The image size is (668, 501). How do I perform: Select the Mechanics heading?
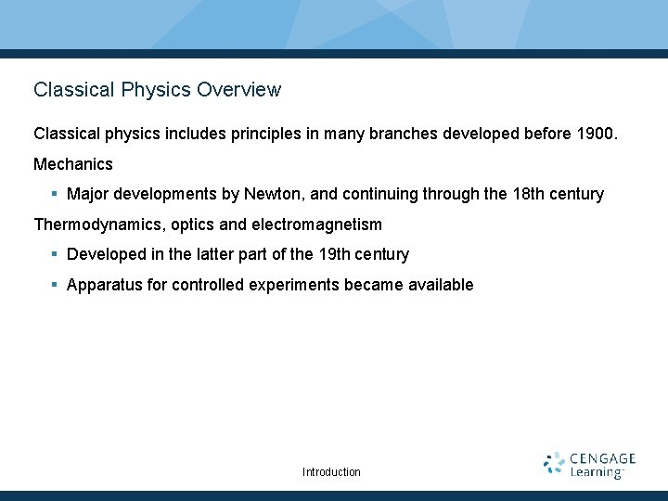click(x=73, y=164)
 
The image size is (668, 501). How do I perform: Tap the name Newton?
click(x=270, y=194)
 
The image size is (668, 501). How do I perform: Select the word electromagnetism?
click(x=316, y=225)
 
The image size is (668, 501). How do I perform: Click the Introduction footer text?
click(x=331, y=472)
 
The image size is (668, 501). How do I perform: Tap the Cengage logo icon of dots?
click(x=554, y=464)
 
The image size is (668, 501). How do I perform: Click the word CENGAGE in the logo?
click(x=602, y=458)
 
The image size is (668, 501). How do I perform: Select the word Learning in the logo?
click(x=596, y=473)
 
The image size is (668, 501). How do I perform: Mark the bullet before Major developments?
click(x=56, y=194)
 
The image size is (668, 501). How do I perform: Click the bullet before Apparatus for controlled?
click(x=56, y=285)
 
